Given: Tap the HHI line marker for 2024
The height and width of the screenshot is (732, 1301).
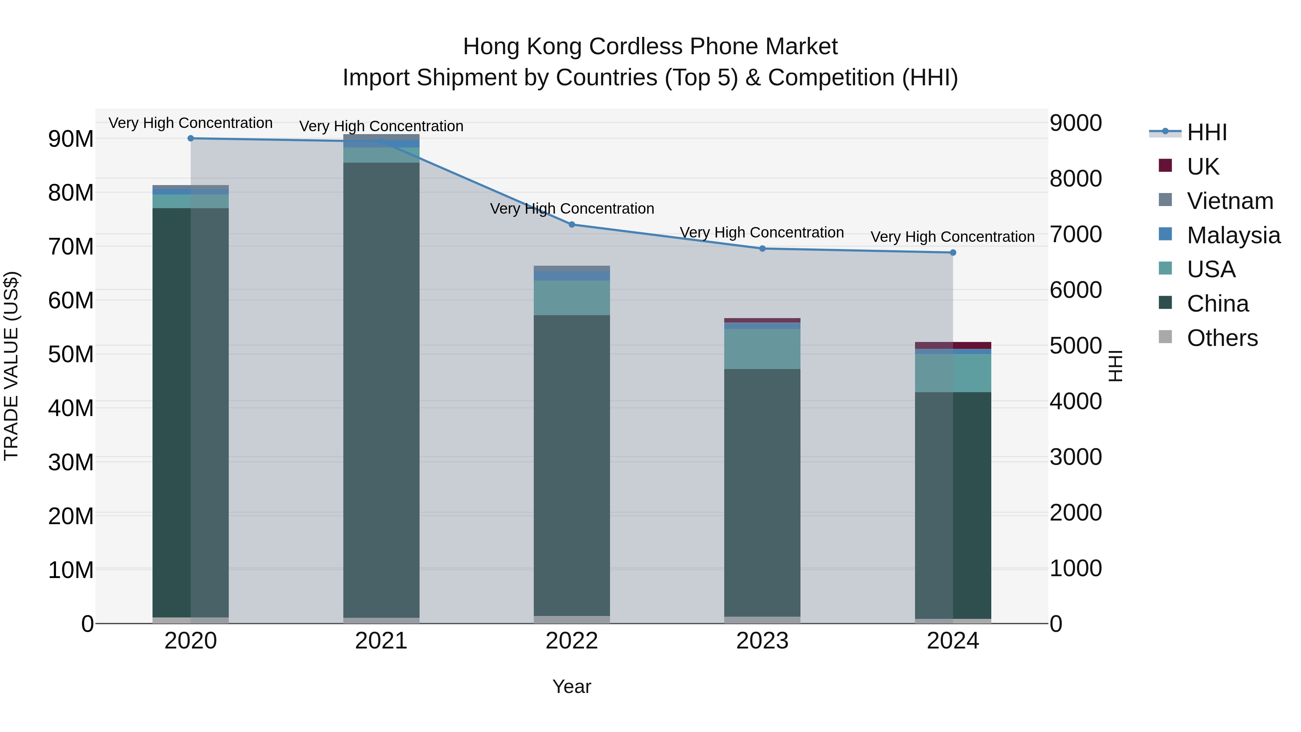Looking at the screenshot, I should pos(953,253).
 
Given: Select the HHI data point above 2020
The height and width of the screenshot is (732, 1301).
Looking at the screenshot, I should pos(190,138).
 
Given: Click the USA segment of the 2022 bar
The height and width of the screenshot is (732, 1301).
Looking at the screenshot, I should pos(572,298).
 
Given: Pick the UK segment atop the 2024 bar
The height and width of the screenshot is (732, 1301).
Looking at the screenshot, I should pos(953,346).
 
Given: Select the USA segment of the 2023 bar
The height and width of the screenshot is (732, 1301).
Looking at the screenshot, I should pos(762,349).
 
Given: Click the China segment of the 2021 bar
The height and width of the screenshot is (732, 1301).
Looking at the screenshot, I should pos(381,389).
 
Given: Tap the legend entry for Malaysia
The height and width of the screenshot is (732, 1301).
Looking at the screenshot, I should pos(1233,235).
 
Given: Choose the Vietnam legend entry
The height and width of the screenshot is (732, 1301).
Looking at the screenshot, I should pos(1230,201).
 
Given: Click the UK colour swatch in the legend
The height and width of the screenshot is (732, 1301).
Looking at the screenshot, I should pos(1165,166).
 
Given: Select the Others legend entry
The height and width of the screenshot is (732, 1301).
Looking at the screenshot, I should pos(1222,338).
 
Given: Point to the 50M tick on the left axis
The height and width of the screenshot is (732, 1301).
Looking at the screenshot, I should pos(71,355).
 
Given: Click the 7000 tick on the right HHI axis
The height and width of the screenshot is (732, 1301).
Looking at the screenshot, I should pos(1076,234).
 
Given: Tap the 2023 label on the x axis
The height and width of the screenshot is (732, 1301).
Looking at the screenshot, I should pos(762,641).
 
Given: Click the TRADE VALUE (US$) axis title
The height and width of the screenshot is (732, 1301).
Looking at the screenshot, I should pos(12,366).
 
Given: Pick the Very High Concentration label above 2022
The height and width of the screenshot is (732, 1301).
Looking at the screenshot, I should pos(572,209).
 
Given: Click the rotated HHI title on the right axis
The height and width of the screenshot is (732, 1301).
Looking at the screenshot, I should pos(1115,366).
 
